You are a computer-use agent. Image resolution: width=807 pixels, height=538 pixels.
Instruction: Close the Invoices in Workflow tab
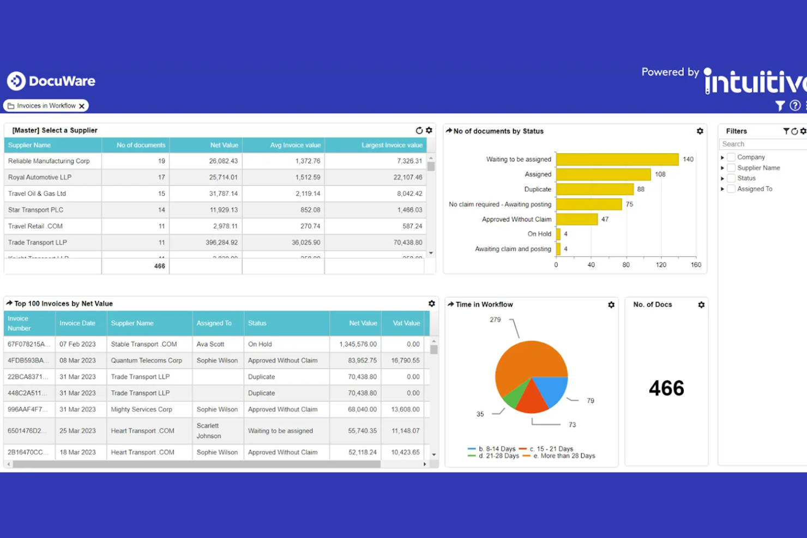click(82, 106)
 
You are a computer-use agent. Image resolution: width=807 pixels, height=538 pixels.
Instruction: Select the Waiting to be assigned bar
click(617, 159)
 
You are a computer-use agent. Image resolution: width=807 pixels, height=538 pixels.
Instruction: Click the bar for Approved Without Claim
click(576, 219)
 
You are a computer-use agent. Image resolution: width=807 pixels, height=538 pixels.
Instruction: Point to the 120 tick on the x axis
click(661, 265)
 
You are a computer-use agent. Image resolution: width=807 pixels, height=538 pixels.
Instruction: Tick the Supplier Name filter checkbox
click(731, 168)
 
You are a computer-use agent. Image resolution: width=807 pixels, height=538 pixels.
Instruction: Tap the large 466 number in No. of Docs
click(666, 389)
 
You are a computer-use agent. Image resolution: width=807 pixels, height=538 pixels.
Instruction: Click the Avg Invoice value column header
click(295, 146)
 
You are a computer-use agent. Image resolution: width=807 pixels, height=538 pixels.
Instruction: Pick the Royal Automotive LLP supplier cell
click(40, 178)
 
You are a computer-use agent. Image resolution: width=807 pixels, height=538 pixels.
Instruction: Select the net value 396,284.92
click(221, 243)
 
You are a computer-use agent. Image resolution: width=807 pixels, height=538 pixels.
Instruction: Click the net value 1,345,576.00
click(358, 344)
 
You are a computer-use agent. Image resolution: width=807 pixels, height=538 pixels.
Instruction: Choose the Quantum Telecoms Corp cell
click(146, 361)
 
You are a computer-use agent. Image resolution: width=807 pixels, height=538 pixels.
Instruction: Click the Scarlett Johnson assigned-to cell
click(208, 431)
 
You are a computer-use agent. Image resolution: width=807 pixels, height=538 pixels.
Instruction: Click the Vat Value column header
click(406, 323)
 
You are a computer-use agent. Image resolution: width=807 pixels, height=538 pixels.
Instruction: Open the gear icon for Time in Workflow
click(611, 305)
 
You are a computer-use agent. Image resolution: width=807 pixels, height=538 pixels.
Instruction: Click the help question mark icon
click(795, 106)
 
